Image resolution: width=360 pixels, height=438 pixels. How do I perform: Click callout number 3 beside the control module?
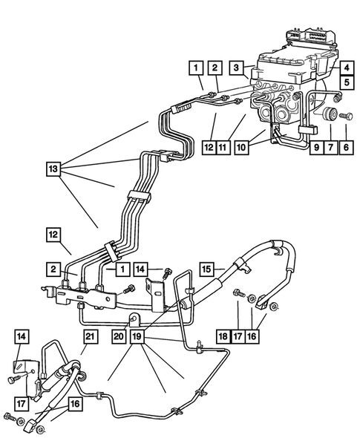coord(235,68)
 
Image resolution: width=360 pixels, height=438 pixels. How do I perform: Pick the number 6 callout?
coord(345,148)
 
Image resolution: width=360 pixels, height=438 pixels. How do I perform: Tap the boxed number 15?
coord(208,266)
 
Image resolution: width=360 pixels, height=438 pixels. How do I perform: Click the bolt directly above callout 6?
coord(345,117)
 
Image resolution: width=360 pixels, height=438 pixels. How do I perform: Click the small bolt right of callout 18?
coord(238,291)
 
